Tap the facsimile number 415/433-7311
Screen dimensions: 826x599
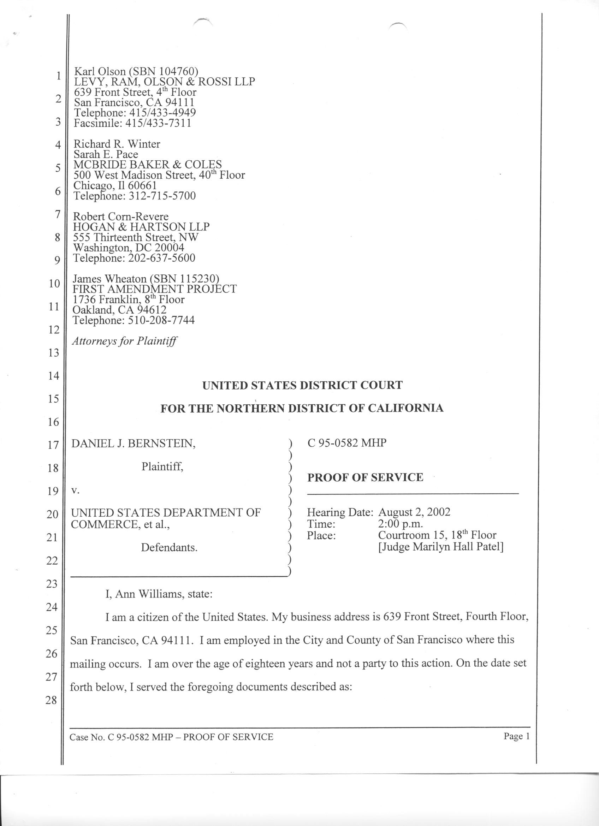click(158, 123)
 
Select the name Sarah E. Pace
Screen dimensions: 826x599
click(106, 154)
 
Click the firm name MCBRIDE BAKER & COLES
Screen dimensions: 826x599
click(148, 165)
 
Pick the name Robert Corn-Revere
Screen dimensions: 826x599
click(121, 217)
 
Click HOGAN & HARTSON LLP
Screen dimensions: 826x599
click(141, 227)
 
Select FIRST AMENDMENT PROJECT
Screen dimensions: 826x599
click(155, 289)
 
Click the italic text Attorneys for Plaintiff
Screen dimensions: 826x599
click(125, 341)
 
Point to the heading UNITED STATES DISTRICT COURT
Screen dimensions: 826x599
click(302, 385)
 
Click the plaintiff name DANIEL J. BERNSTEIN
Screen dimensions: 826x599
click(133, 444)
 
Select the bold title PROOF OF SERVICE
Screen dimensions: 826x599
click(365, 477)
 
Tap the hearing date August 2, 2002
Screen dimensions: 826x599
click(414, 512)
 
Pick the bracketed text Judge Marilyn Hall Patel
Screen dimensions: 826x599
click(441, 547)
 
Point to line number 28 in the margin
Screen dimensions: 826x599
click(52, 700)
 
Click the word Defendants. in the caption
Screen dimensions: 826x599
click(169, 547)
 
